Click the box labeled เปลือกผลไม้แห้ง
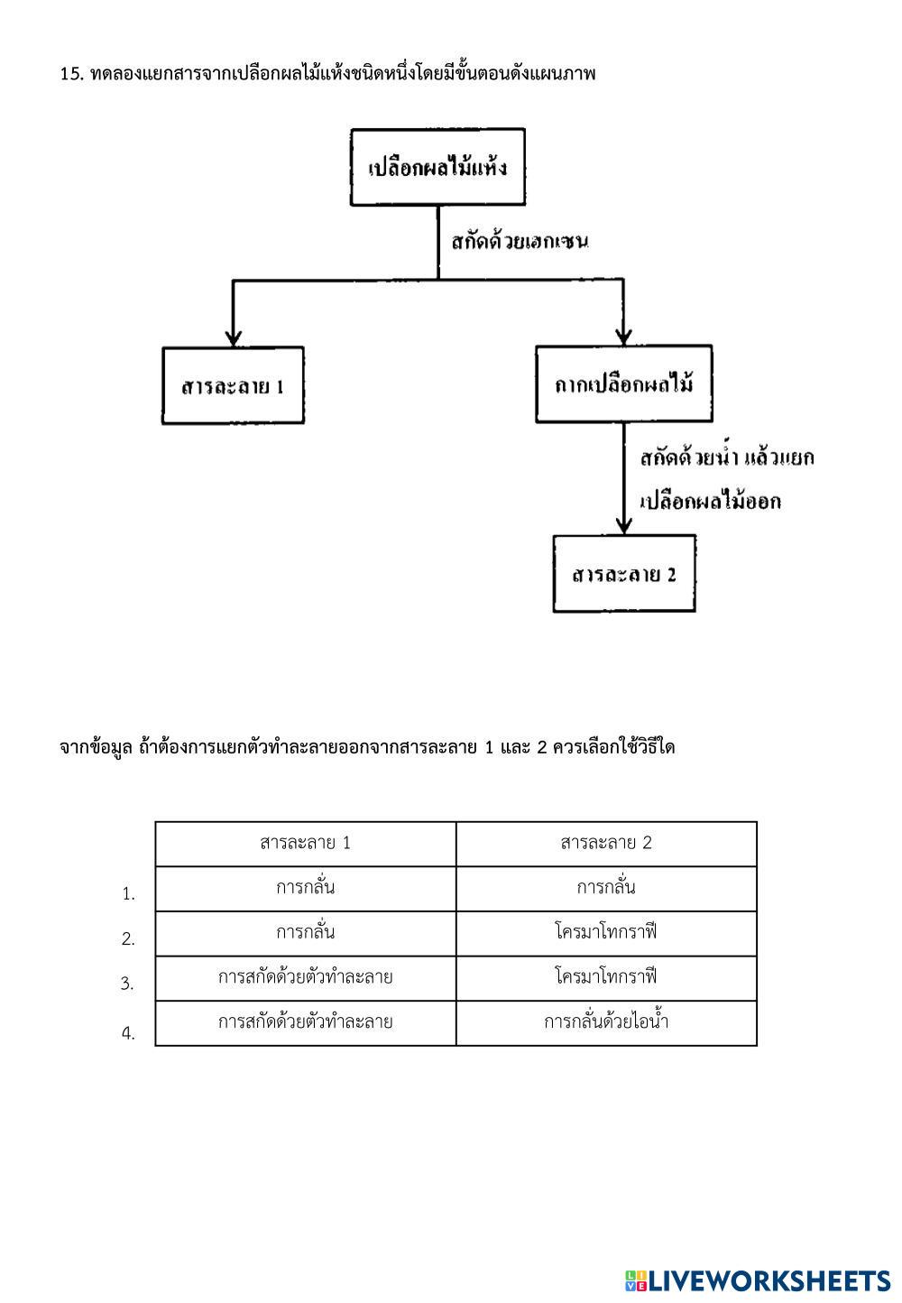(x=437, y=167)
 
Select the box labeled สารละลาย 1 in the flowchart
(x=233, y=386)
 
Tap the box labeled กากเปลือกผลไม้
(x=623, y=384)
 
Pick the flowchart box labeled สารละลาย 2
(x=624, y=574)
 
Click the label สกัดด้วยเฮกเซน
(x=520, y=242)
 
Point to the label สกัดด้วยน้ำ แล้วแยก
(x=726, y=458)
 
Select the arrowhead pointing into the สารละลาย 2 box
(x=622, y=526)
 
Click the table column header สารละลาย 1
(x=305, y=844)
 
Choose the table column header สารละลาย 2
(x=606, y=844)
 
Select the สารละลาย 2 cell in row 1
(x=606, y=888)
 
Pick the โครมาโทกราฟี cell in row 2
(x=606, y=933)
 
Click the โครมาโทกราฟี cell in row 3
(x=606, y=977)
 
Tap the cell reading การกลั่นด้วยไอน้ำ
(x=606, y=1022)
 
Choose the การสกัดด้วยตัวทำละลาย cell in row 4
(x=305, y=1022)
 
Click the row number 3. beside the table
(x=127, y=984)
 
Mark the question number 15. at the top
(x=72, y=74)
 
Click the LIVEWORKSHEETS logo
(x=758, y=1280)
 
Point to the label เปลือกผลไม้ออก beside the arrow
(x=710, y=502)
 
